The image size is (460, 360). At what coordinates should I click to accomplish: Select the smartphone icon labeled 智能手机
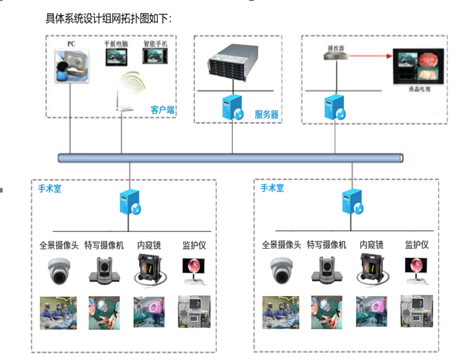[x=156, y=56]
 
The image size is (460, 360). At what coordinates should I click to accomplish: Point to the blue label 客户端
[x=163, y=110]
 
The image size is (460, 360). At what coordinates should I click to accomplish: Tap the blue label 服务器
[x=266, y=114]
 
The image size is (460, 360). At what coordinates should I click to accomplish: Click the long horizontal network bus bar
[x=231, y=157]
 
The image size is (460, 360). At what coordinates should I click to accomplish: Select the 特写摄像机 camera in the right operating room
[x=326, y=271]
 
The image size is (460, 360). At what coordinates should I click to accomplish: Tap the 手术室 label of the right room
[x=272, y=188]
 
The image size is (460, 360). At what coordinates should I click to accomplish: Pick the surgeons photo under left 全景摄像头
[x=58, y=313]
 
